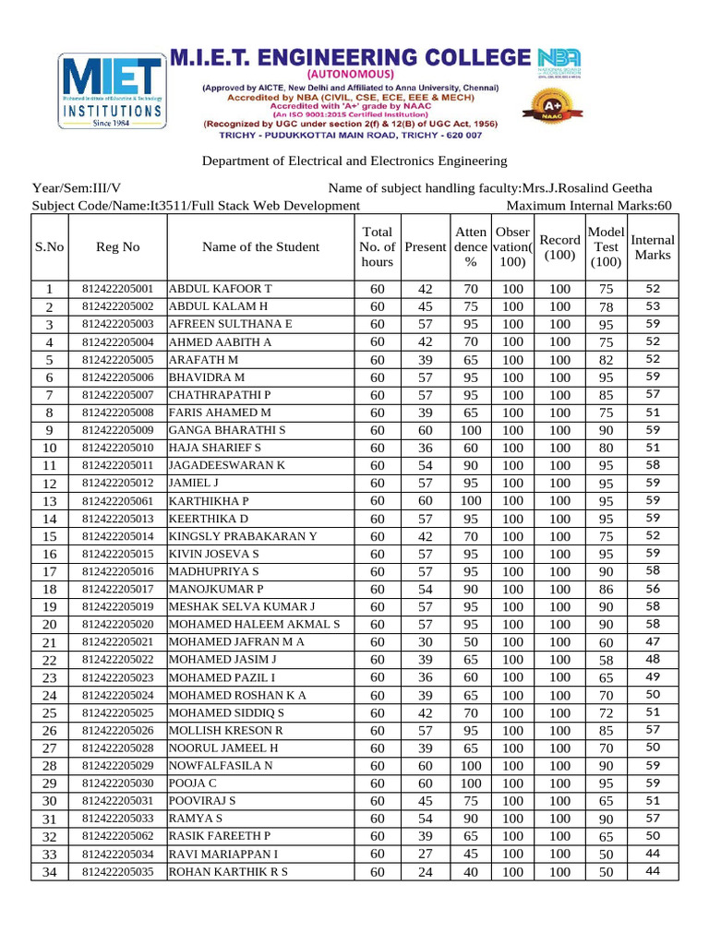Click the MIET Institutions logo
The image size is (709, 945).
click(112, 94)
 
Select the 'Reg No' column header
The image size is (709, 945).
click(118, 247)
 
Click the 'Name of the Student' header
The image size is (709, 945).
click(260, 247)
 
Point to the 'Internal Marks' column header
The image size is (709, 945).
click(653, 247)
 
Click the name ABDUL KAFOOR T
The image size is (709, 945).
click(220, 289)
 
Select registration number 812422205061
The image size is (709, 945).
click(118, 500)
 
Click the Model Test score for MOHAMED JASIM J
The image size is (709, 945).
click(606, 660)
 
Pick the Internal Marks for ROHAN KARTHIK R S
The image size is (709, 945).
click(653, 871)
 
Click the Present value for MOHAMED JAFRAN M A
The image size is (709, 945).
click(426, 642)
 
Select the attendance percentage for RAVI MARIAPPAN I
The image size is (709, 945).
click(471, 855)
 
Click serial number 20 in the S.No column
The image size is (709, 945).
click(50, 625)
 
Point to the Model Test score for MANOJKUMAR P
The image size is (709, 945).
click(606, 589)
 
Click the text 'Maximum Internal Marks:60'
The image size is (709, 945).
click(590, 206)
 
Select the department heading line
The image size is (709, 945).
click(354, 161)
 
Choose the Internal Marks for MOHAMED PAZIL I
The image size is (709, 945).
click(653, 677)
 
